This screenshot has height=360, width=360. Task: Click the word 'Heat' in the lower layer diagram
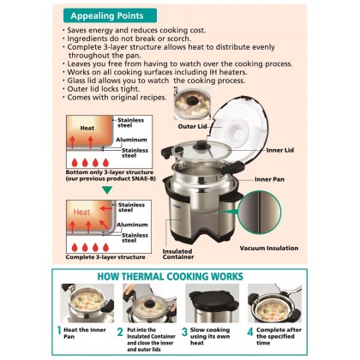pos(81,208)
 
